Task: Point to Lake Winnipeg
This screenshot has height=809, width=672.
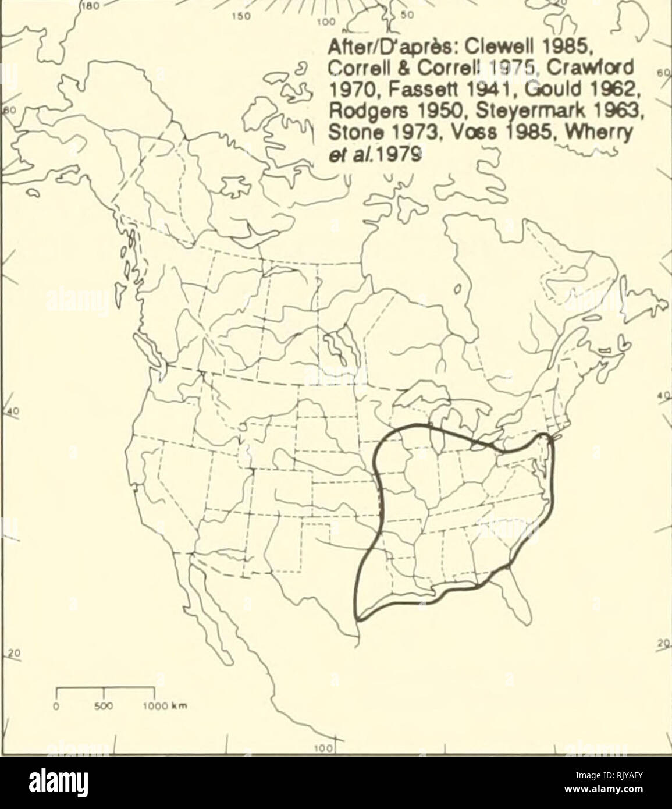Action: tap(336, 343)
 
